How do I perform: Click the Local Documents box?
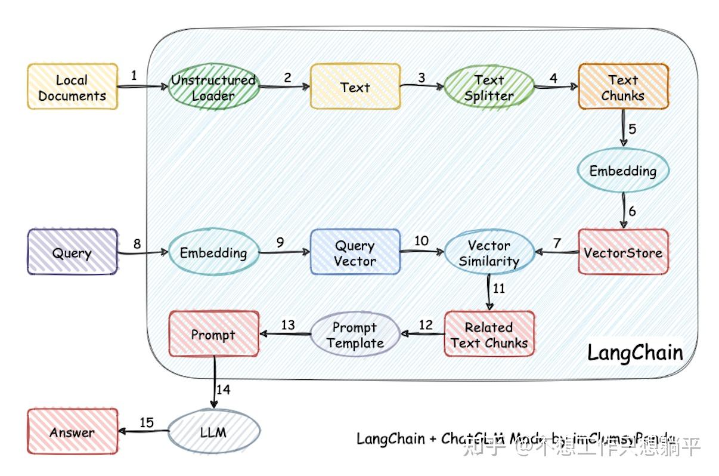click(73, 87)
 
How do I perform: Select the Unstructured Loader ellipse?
click(213, 87)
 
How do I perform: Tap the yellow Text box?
click(355, 87)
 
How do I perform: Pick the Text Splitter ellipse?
click(489, 87)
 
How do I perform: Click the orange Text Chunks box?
click(623, 87)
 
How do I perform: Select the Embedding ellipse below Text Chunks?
click(623, 171)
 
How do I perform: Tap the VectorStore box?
click(623, 252)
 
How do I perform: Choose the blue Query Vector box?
click(355, 252)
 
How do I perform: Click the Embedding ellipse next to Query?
click(213, 252)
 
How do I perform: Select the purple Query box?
click(73, 252)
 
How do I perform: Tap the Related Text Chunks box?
click(489, 334)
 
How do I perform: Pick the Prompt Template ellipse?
click(355, 335)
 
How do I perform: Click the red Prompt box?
click(213, 334)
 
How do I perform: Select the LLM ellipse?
click(213, 431)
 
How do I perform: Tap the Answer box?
click(73, 431)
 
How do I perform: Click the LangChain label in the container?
click(635, 352)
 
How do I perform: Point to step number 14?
click(223, 390)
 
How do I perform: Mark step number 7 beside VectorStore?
click(557, 243)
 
